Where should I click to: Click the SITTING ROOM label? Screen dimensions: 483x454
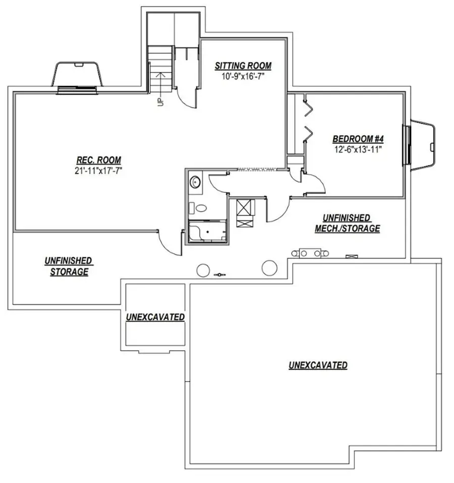[x=243, y=66]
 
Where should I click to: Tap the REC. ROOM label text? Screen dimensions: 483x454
[x=98, y=161]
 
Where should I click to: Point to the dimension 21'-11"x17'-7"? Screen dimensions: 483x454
[x=98, y=171]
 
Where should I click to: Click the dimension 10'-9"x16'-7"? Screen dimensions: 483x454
[x=243, y=76]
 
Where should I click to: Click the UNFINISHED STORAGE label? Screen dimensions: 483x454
[x=68, y=266]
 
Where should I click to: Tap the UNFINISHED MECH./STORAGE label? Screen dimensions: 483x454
[x=347, y=223]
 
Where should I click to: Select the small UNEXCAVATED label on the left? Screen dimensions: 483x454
[x=155, y=317]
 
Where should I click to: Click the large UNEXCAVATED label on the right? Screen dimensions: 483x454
[x=318, y=365]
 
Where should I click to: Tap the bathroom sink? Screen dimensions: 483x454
[x=195, y=182]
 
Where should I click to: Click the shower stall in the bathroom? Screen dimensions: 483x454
[x=207, y=232]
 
